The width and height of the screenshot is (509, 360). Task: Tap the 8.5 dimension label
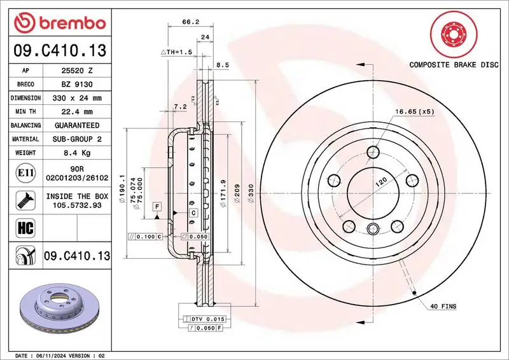coord(223,65)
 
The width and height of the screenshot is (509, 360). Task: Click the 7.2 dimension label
coord(179,107)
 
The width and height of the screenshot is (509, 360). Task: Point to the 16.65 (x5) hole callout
coord(414,112)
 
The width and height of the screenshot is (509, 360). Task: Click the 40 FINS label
coord(443,307)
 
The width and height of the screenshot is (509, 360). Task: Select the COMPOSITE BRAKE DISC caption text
coord(453,65)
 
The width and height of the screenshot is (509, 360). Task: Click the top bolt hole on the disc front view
coord(373,153)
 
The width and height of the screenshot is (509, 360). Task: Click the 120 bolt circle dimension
coord(380,182)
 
